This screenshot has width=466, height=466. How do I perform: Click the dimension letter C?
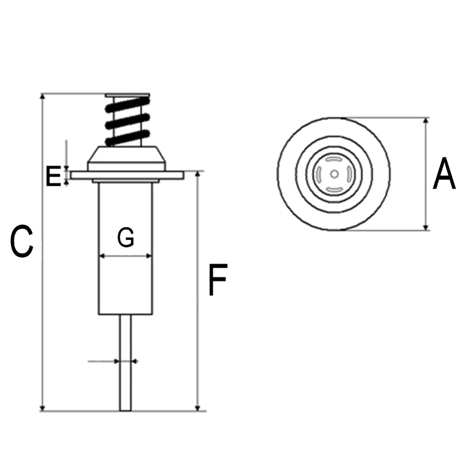pos(22,242)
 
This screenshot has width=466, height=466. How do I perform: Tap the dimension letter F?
pos(217,280)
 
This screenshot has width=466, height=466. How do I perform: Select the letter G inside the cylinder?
pos(126,238)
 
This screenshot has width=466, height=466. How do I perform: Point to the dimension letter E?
pos(53,176)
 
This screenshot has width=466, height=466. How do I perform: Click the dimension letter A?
pos(444,174)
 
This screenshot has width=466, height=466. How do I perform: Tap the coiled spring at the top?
pos(127,121)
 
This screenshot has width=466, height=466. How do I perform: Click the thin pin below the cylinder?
pos(125,369)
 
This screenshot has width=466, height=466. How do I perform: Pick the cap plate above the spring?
pos(127,95)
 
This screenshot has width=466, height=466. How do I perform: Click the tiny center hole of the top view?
pos(334,174)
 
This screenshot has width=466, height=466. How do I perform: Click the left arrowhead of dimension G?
pos(102,255)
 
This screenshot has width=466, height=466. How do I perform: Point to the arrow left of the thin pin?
pos(115,362)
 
